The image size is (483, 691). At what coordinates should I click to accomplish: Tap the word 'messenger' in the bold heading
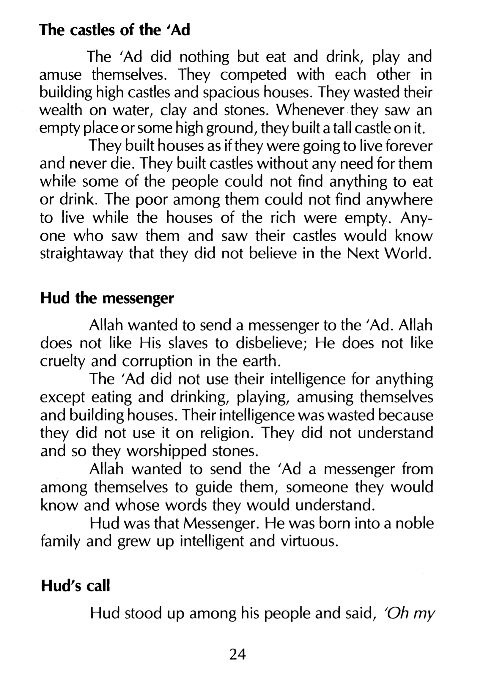tap(138, 299)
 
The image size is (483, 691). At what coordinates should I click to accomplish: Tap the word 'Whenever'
tap(310, 111)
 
